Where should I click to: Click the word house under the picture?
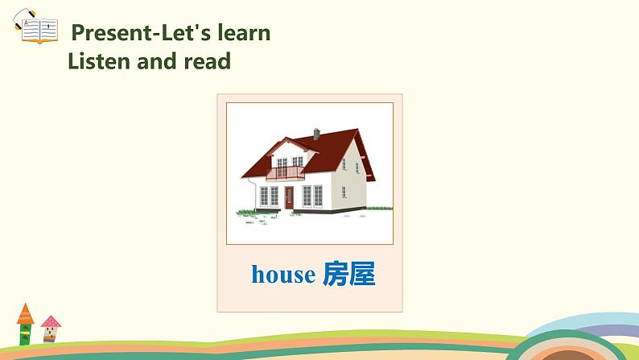pos(282,275)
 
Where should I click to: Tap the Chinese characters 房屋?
pos(348,275)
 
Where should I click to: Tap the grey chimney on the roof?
pos(316,134)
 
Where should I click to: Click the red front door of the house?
pos(289,197)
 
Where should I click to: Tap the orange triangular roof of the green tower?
pos(25,312)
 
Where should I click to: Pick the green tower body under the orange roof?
pos(25,334)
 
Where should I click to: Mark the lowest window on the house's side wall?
pos(344,192)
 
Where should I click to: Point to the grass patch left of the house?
pos(245,213)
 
